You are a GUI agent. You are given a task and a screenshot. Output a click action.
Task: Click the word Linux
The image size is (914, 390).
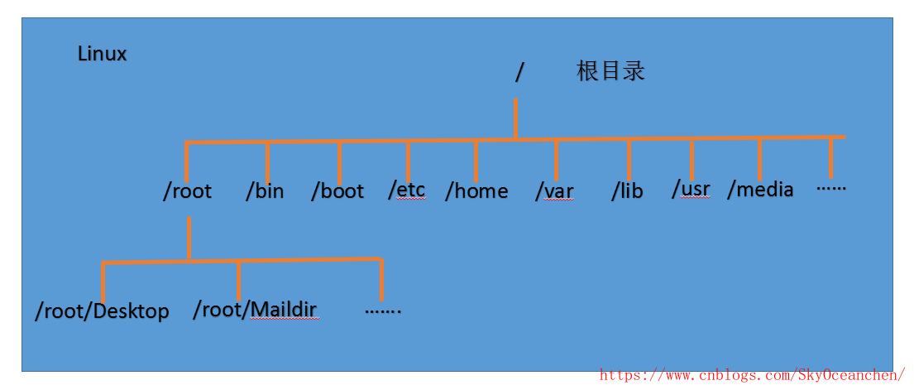pyautogui.click(x=102, y=55)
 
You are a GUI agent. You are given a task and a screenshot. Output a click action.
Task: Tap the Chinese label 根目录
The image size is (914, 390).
pyautogui.click(x=610, y=71)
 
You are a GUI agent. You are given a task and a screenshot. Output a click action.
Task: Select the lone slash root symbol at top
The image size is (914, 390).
pyautogui.click(x=519, y=73)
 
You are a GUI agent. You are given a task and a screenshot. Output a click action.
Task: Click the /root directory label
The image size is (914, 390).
pyautogui.click(x=187, y=191)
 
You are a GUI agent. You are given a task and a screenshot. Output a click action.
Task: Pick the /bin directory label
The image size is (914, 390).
pyautogui.click(x=265, y=191)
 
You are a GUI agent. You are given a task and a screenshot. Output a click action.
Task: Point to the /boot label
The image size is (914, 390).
pyautogui.click(x=337, y=191)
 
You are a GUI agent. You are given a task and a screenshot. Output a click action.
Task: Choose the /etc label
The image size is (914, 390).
pyautogui.click(x=406, y=190)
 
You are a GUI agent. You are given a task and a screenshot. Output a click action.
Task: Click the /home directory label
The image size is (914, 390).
pyautogui.click(x=476, y=191)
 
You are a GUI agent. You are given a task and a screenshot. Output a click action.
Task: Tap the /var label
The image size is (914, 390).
pyautogui.click(x=554, y=191)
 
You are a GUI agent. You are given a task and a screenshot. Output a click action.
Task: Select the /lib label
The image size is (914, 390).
pyautogui.click(x=627, y=191)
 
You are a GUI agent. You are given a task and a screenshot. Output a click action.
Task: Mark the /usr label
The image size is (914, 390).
pyautogui.click(x=691, y=189)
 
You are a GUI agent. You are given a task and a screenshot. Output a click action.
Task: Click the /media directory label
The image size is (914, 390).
pyautogui.click(x=760, y=190)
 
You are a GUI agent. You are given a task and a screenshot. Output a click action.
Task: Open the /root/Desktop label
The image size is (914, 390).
pyautogui.click(x=102, y=311)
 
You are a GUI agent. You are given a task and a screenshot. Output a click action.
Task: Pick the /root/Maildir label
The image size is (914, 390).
pyautogui.click(x=255, y=311)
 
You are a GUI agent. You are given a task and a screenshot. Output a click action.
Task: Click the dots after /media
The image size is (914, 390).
pyautogui.click(x=830, y=188)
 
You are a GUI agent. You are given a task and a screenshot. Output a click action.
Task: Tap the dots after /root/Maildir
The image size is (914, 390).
pyautogui.click(x=382, y=311)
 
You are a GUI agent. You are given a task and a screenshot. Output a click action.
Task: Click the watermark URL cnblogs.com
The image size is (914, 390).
pyautogui.click(x=752, y=376)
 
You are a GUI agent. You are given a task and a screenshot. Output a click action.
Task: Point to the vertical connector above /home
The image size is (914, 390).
pyautogui.click(x=476, y=161)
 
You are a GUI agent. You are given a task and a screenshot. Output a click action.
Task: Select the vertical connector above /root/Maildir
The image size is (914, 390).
pyautogui.click(x=238, y=282)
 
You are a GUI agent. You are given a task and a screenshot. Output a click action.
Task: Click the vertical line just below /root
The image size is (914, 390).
pyautogui.click(x=189, y=238)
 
